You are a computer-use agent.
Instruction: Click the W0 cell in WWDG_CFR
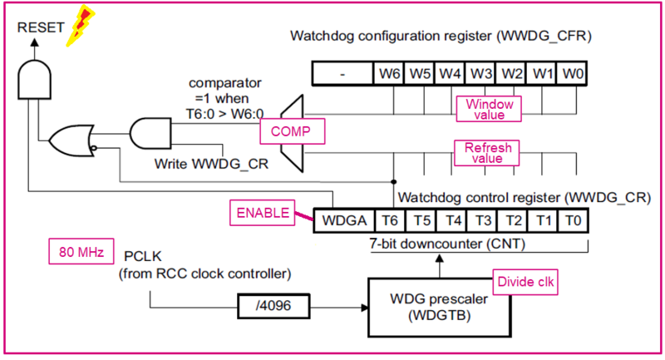[x=573, y=73]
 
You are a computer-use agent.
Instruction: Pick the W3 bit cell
[x=480, y=73]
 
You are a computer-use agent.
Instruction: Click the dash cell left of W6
[x=342, y=73]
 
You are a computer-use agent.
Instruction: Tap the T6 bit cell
[x=388, y=220]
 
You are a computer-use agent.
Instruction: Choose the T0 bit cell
[x=573, y=220]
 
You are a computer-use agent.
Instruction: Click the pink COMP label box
[x=290, y=131]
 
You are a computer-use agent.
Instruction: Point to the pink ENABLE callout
[x=259, y=214]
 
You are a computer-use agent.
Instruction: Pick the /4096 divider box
[x=270, y=304]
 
